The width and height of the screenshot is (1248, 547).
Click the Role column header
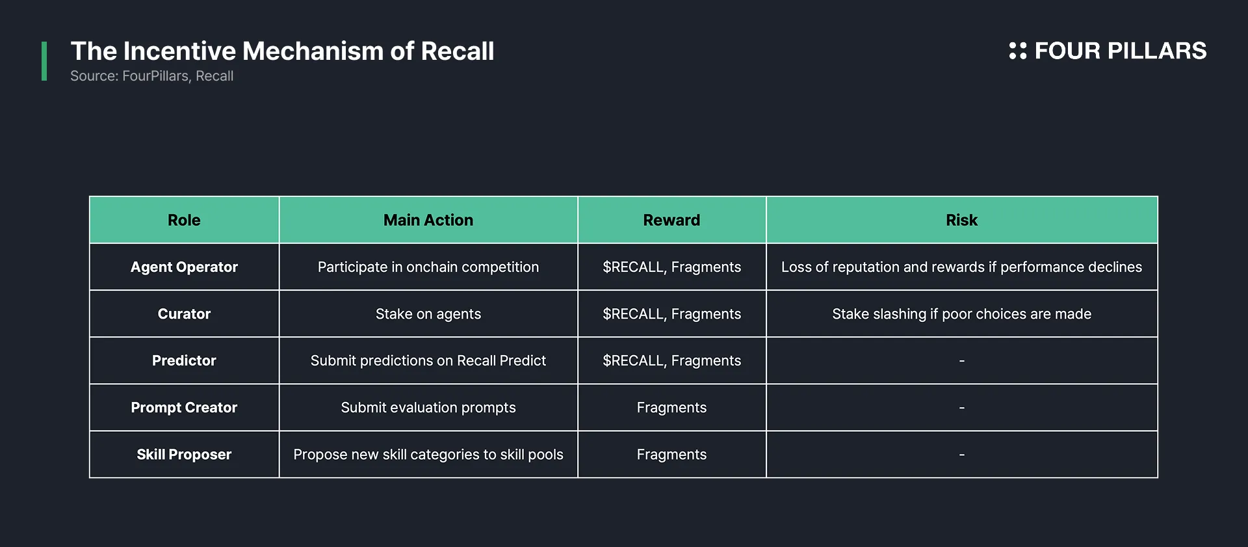coord(184,220)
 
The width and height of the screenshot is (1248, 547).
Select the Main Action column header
coord(428,220)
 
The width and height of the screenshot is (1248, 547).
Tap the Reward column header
coord(671,220)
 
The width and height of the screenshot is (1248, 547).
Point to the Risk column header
coord(961,220)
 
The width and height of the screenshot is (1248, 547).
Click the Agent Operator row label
coord(184,267)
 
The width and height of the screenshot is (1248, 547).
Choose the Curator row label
coord(184,314)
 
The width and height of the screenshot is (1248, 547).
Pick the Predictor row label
coord(184,361)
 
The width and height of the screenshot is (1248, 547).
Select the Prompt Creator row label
coord(184,408)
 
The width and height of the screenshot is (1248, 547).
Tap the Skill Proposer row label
coord(184,455)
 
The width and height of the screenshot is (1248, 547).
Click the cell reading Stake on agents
coord(428,314)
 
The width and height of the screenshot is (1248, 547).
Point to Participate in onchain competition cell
coord(428,267)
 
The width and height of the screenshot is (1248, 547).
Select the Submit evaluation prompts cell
coord(428,408)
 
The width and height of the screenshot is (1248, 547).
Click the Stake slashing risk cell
coord(961,314)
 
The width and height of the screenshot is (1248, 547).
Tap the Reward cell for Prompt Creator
coord(671,408)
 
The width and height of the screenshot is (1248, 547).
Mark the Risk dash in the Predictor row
coord(961,361)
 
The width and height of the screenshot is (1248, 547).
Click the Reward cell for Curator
coord(671,314)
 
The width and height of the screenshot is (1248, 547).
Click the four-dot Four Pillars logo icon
coord(1017,51)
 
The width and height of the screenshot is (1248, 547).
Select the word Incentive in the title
coord(179,51)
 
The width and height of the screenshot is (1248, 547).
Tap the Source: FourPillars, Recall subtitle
coord(151,76)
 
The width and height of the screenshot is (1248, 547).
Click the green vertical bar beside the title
coord(44,61)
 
